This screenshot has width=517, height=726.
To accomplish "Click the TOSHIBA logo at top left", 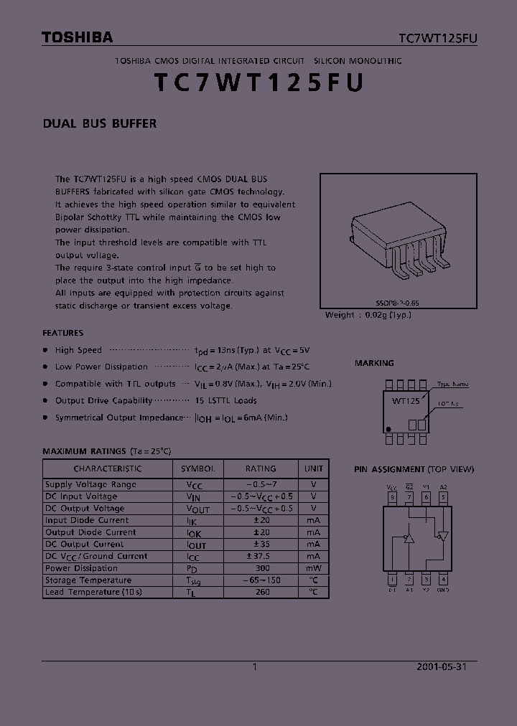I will (x=77, y=37).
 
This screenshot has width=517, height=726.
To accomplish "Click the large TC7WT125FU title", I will (x=258, y=84).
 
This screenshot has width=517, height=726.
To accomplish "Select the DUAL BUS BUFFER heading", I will (x=100, y=123).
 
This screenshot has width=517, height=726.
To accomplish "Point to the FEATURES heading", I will (x=63, y=333).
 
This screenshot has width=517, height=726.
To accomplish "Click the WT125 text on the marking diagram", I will (x=405, y=401).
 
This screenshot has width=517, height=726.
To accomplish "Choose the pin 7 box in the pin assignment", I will (x=409, y=496).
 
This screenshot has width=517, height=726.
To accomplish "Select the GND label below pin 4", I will (x=443, y=590).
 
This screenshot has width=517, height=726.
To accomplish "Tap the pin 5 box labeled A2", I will (x=443, y=496).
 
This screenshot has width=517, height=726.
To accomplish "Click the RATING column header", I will (x=261, y=468).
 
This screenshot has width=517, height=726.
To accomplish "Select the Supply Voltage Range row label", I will (x=90, y=484).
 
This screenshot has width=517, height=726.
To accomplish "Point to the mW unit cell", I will (x=313, y=568).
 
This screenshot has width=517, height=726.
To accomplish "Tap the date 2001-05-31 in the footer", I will (x=442, y=666).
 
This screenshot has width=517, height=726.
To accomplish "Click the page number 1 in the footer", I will (x=255, y=666).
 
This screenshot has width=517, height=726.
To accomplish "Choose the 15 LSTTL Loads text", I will (x=225, y=400).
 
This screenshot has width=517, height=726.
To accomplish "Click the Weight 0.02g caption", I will (x=368, y=315).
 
